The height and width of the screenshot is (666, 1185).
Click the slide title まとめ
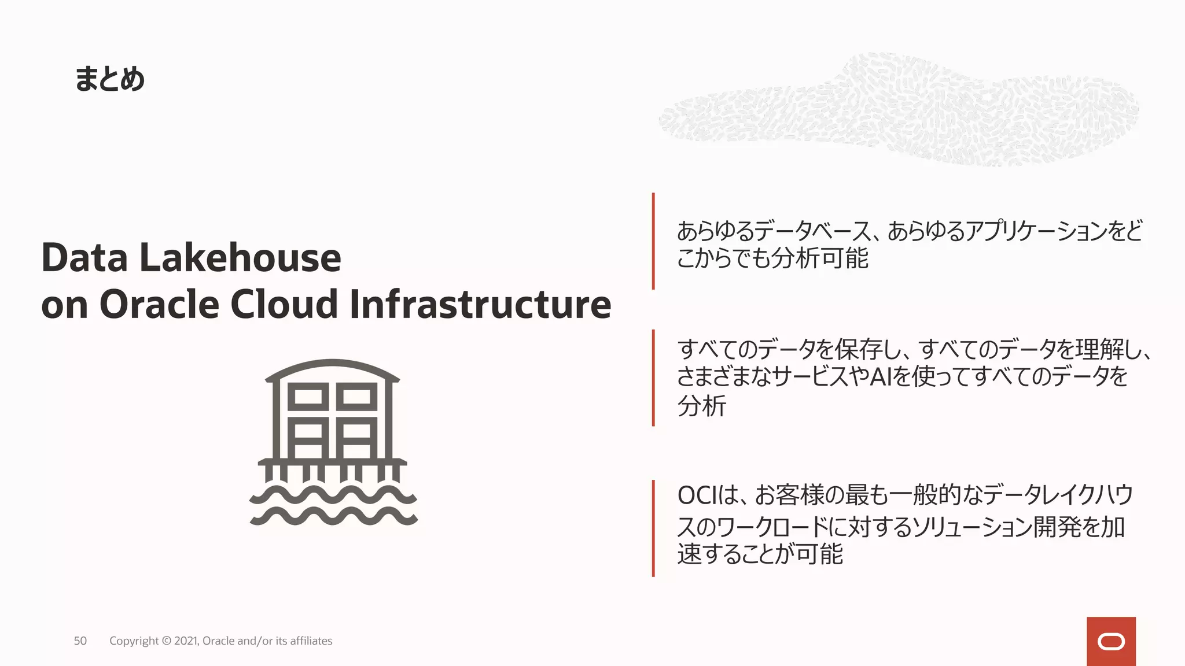pyautogui.click(x=109, y=79)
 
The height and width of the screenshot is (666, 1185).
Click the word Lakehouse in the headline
pyautogui.click(x=240, y=258)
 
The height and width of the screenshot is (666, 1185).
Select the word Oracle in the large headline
pyautogui.click(x=159, y=304)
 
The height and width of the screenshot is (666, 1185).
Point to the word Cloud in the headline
pyautogui.click(x=284, y=304)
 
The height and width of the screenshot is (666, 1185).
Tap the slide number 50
pyautogui.click(x=80, y=641)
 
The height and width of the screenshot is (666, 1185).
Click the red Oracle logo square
pyautogui.click(x=1111, y=641)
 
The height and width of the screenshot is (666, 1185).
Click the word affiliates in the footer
pyautogui.click(x=311, y=641)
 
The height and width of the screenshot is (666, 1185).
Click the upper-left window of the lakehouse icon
pyautogui.click(x=308, y=397)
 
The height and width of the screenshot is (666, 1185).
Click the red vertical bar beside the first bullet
pyautogui.click(x=653, y=241)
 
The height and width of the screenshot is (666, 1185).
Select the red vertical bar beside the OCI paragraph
pyautogui.click(x=653, y=528)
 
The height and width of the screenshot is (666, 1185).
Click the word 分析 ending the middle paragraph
pyautogui.click(x=701, y=406)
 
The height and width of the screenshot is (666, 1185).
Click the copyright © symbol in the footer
pyautogui.click(x=166, y=641)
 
